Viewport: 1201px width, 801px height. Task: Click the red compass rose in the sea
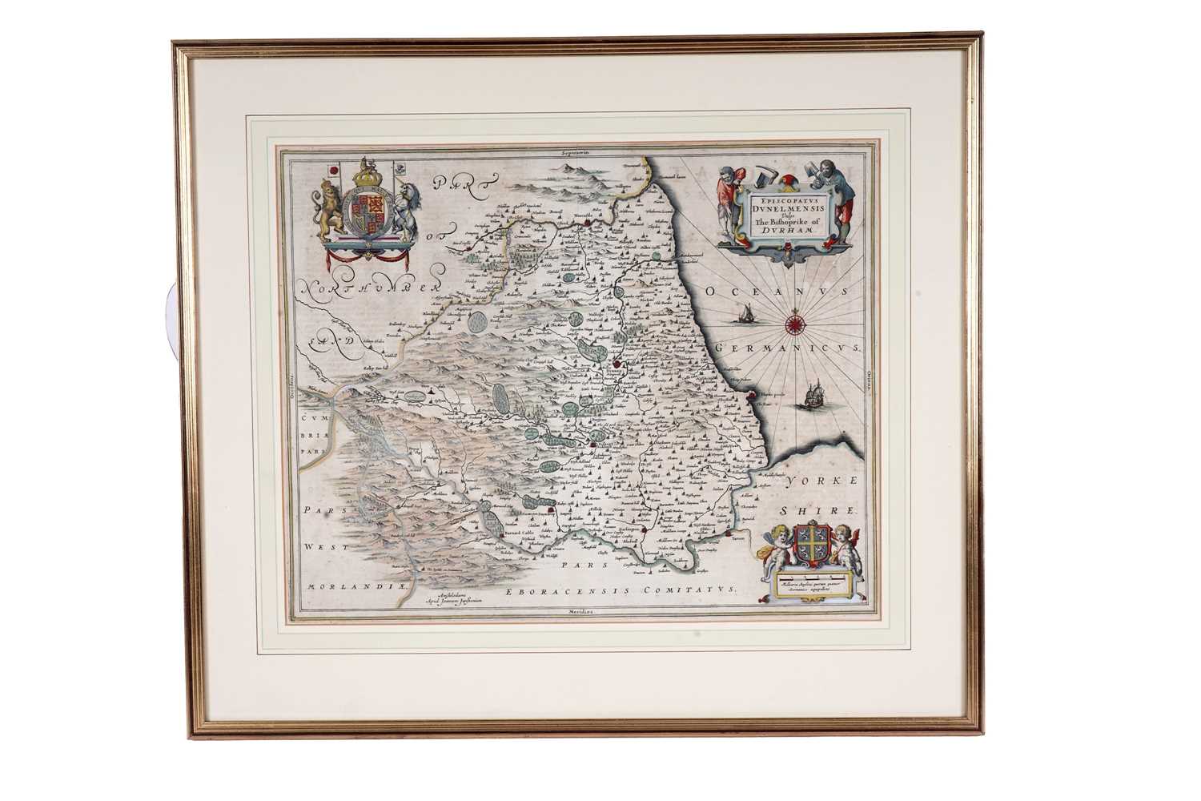point(797,324)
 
